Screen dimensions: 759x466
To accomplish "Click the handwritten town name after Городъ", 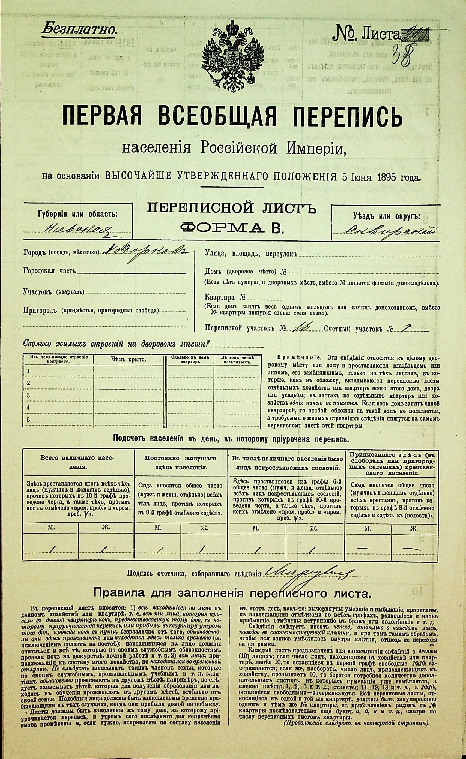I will point(145,252).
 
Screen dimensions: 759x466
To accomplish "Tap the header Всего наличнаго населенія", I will point(78,462).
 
